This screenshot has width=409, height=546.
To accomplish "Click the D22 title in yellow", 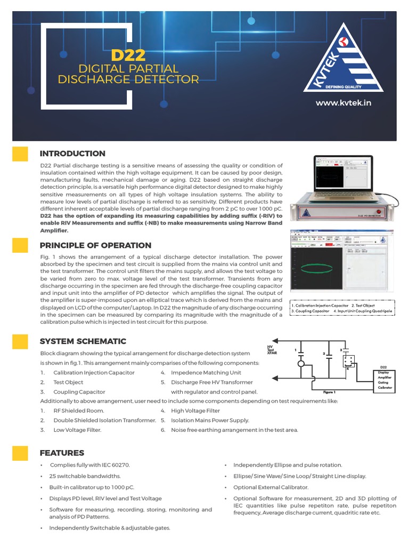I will pos(128,55).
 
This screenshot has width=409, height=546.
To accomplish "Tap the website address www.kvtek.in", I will pos(343,102).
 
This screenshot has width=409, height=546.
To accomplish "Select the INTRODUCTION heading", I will pos(72,154).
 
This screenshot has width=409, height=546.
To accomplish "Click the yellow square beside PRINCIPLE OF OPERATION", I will pos(20,245).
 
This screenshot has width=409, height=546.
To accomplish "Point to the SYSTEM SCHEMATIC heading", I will pos(83,341).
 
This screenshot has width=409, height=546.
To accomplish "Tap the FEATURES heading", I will pos(62,453).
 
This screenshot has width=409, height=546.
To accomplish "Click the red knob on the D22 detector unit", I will pos(379,212).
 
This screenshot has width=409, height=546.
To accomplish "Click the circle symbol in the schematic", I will pos(301,364).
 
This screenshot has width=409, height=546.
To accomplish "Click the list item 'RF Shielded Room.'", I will pos(79,411).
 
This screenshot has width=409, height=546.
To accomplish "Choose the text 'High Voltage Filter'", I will pos(195,411).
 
